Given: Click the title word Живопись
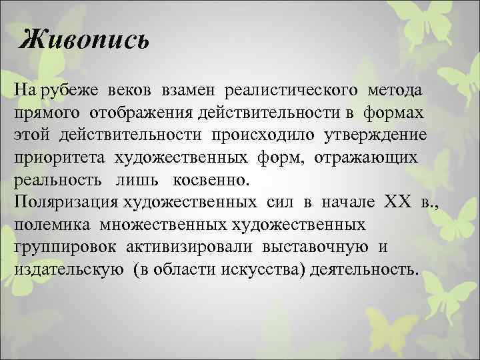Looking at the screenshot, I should [84, 41].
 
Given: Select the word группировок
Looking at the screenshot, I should [61, 247].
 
